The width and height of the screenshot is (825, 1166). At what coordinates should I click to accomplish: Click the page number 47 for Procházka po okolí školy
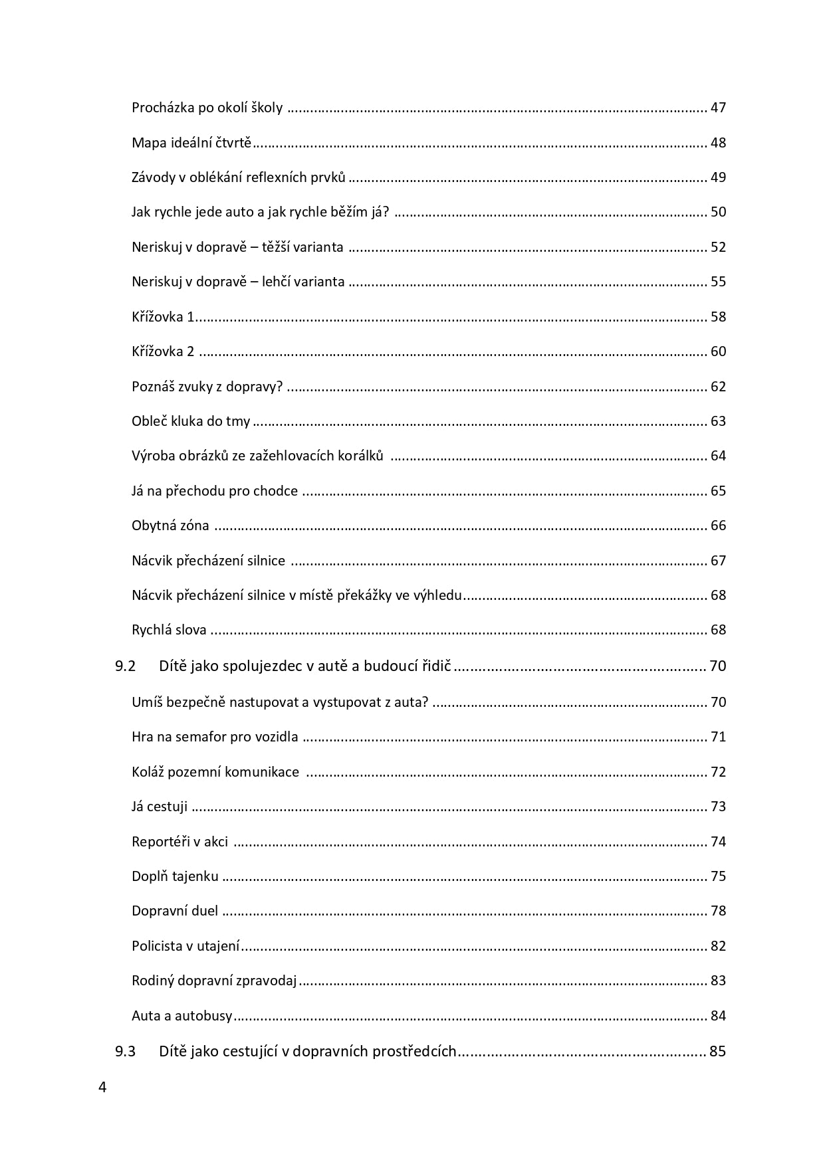[x=718, y=108]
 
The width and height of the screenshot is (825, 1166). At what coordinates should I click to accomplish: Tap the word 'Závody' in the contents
[x=152, y=177]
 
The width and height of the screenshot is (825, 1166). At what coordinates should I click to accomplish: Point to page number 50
[x=718, y=212]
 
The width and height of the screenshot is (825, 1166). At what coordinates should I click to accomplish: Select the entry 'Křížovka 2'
[x=163, y=351]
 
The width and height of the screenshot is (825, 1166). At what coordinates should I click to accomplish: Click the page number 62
[x=718, y=387]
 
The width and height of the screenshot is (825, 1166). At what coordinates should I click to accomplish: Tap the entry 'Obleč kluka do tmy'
[x=191, y=421]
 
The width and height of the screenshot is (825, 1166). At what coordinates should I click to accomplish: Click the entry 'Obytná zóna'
[x=170, y=526]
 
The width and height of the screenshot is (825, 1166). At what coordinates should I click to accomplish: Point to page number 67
[x=718, y=561]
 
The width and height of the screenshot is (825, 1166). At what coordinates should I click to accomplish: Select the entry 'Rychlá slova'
[x=169, y=630]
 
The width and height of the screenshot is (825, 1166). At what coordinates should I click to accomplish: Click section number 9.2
[x=125, y=666]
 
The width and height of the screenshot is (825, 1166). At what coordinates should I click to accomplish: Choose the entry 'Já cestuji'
[x=160, y=807]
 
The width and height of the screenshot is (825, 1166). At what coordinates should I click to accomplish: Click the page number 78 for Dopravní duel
[x=718, y=911]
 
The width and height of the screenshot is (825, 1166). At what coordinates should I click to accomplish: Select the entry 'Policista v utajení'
[x=185, y=946]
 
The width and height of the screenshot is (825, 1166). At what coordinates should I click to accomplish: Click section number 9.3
[x=125, y=1051]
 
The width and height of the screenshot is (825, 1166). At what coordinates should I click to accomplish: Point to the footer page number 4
[x=102, y=1088]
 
